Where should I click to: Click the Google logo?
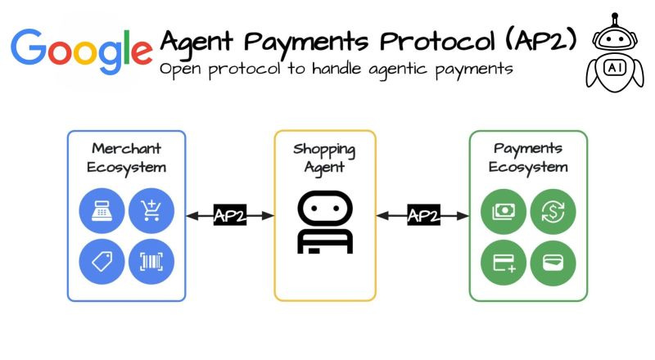pyautogui.click(x=82, y=47)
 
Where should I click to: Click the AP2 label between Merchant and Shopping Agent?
pyautogui.click(x=229, y=215)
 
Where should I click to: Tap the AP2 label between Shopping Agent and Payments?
pyautogui.click(x=423, y=215)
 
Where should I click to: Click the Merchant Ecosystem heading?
pyautogui.click(x=126, y=158)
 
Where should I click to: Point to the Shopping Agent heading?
pyautogui.click(x=325, y=158)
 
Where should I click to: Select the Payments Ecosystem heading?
pyautogui.click(x=528, y=158)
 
